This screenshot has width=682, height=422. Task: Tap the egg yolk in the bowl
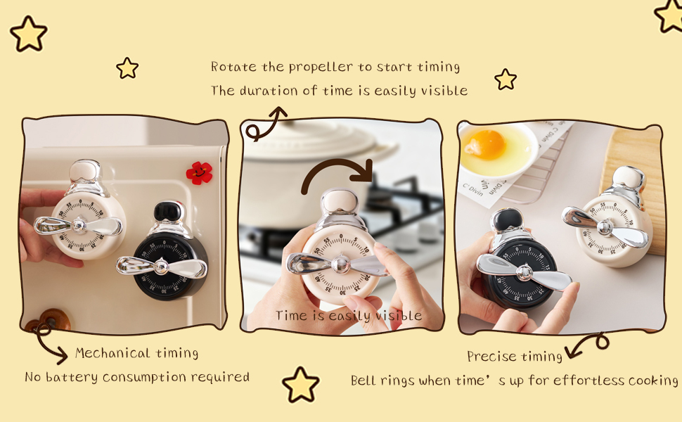(484, 143)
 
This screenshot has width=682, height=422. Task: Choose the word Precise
(491, 357)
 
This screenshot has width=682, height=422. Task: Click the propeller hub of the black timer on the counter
(524, 272)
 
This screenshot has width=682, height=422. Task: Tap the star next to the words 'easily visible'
(505, 79)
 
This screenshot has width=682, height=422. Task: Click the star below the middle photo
(301, 385)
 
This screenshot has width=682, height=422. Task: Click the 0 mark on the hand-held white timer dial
(340, 236)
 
